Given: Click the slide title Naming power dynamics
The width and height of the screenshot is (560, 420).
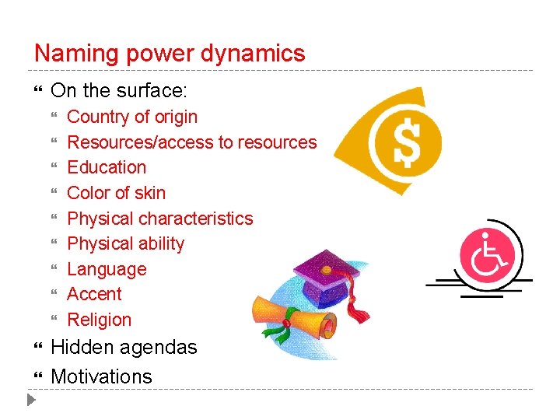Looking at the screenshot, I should [x=170, y=54].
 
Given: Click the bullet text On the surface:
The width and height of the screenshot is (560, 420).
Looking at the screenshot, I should [x=118, y=91].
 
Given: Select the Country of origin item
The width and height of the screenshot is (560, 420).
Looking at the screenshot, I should [x=132, y=117].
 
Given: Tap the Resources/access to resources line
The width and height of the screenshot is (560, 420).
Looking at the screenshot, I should [x=191, y=142].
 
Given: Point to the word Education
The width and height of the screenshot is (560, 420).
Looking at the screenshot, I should [x=107, y=167].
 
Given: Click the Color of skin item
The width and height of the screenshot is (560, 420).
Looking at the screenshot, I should [x=116, y=193].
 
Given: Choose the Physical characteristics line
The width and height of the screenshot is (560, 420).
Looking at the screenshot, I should [x=159, y=219].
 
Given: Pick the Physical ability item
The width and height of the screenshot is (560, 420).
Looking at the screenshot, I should [x=125, y=243].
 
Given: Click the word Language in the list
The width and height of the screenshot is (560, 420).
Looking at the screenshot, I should [x=107, y=269].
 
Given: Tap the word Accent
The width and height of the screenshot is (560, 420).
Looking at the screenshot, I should [x=94, y=294].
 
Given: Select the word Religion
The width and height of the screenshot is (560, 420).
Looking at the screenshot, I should [x=99, y=320].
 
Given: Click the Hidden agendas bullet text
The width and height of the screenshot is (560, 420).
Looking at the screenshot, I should [x=124, y=347].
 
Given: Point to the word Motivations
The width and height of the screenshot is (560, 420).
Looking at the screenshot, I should [x=101, y=376].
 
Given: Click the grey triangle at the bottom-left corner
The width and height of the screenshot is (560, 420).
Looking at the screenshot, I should [x=30, y=401].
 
